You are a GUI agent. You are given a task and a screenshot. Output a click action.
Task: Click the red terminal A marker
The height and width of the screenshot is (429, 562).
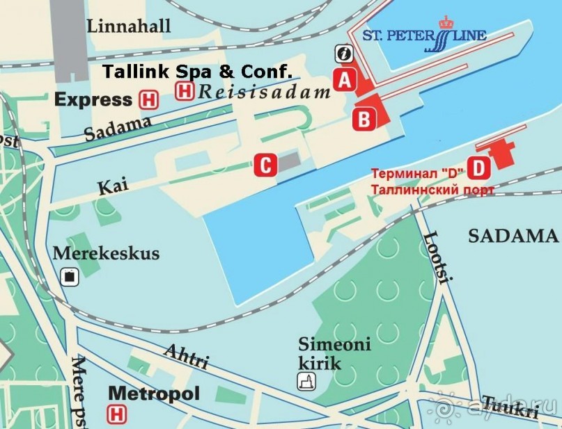coord(343,80)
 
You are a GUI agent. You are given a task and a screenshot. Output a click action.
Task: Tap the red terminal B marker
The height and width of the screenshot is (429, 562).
coord(364,120)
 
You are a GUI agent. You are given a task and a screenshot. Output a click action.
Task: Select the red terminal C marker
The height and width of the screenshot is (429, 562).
coord(265,165)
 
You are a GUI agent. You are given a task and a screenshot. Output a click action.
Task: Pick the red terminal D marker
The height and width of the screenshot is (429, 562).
coord(478,168)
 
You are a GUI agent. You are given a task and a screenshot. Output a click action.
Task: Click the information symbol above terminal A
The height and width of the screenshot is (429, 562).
coord(343,54)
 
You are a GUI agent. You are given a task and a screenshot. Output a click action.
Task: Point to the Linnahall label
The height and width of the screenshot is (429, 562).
coord(129,26)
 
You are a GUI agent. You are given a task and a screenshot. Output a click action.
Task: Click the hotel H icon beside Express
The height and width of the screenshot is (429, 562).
coord(148,99)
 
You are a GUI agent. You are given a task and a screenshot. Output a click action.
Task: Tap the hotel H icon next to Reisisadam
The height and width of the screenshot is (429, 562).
coord(185,90)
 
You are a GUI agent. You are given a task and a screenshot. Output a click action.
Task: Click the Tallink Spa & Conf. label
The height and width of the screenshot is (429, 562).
coord(197,71)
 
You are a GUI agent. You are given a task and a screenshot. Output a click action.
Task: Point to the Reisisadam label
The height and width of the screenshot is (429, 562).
coord(264,91)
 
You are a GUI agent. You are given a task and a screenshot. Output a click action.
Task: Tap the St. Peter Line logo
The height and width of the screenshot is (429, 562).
coord(425,35)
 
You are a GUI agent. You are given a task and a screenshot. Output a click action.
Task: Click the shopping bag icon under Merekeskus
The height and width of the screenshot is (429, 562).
coord(70,277)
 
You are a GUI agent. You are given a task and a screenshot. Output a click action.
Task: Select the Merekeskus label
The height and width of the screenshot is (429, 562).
coord(106,253)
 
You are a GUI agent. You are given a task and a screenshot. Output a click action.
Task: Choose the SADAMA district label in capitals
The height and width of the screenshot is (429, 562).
coord(513,236)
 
